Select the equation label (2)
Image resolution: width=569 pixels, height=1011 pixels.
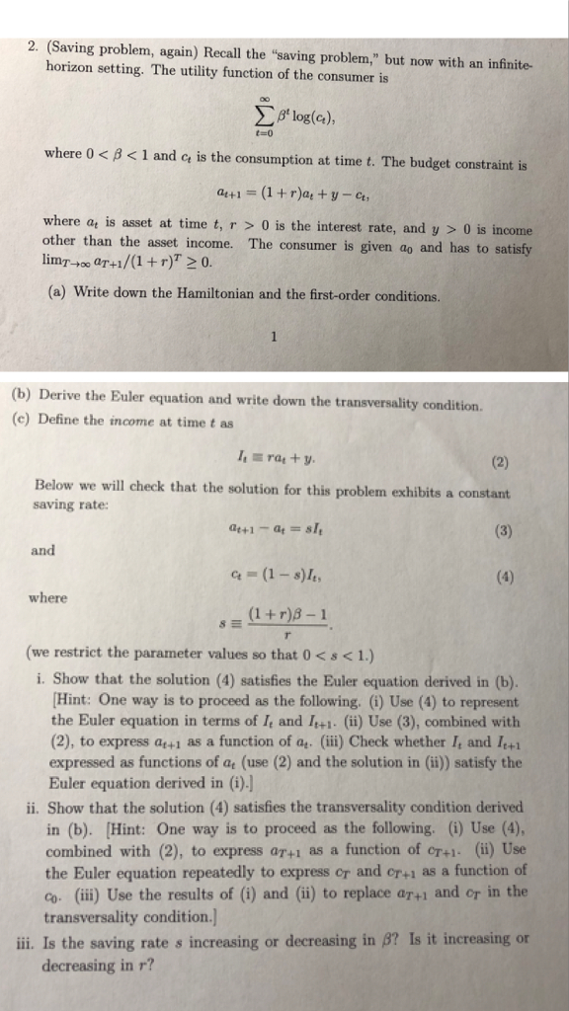click(499, 459)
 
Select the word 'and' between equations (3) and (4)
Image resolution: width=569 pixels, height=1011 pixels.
click(42, 550)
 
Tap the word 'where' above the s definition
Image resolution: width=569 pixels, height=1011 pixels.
click(48, 598)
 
